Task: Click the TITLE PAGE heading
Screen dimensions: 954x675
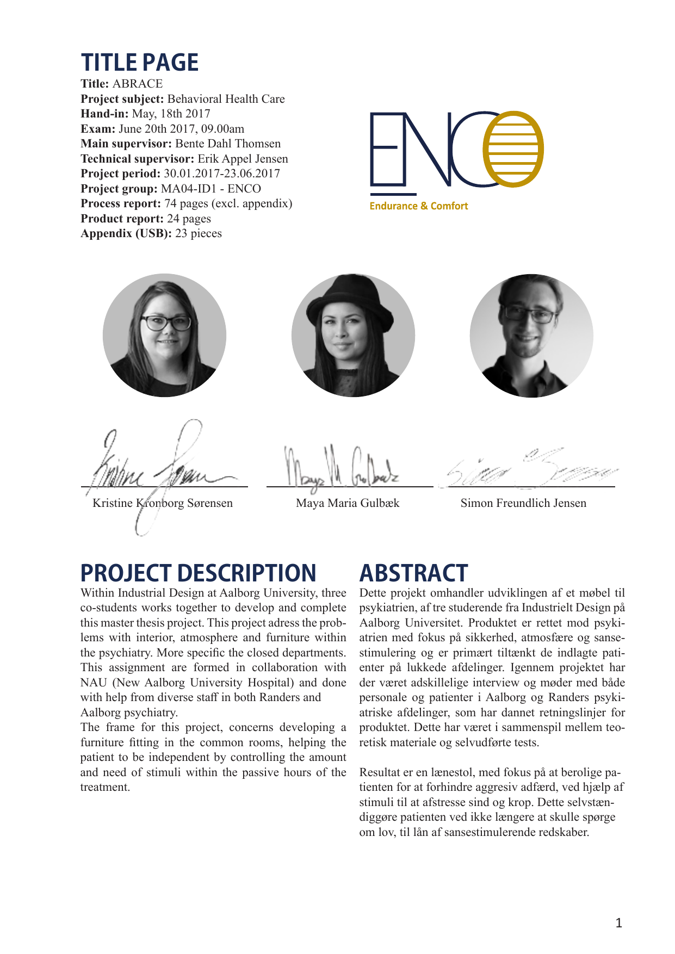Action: click(x=140, y=63)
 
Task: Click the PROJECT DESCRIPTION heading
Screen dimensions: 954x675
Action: click(x=199, y=573)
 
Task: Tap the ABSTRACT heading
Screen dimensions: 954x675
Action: click(x=413, y=573)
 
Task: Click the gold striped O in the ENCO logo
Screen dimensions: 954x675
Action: click(x=513, y=148)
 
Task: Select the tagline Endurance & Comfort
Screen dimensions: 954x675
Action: click(x=418, y=206)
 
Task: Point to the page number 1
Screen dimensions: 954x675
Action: click(x=618, y=922)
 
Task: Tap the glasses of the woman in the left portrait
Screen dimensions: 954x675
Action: click(x=165, y=323)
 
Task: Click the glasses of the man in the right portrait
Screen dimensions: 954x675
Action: click(x=530, y=314)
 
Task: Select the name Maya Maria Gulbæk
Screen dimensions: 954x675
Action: click(x=348, y=503)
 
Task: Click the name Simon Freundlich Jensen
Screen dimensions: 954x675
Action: click(x=523, y=503)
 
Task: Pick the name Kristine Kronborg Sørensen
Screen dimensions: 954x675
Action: click(x=163, y=503)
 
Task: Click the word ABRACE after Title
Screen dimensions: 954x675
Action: click(x=138, y=84)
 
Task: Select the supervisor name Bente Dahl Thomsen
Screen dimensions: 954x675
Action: click(x=228, y=144)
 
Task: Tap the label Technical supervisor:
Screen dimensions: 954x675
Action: click(x=137, y=159)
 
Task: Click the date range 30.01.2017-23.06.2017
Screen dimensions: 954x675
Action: click(x=222, y=174)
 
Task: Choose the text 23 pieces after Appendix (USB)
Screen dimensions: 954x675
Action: click(x=199, y=233)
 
